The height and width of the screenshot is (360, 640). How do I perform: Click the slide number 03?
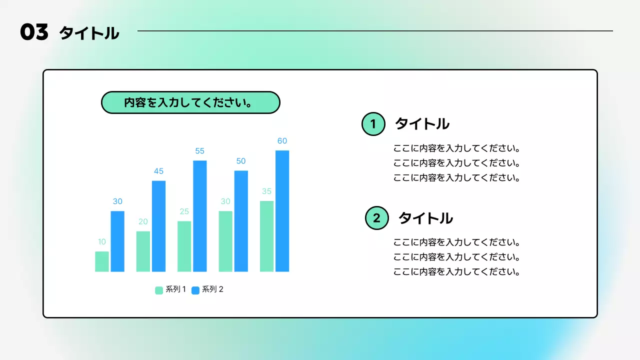tap(34, 33)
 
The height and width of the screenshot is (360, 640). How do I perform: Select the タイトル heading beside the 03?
tap(89, 33)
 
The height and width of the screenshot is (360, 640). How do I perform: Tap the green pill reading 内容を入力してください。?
tap(190, 103)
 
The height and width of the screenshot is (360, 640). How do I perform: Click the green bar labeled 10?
tap(102, 261)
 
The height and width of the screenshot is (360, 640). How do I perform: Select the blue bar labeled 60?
tap(282, 211)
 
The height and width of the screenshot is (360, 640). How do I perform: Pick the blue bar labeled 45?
tap(158, 226)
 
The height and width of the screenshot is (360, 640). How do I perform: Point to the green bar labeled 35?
tap(266, 236)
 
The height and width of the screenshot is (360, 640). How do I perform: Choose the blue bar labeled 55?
tap(200, 216)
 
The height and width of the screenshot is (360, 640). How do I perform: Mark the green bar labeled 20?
tap(143, 251)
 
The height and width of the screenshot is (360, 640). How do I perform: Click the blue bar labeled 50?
tap(241, 221)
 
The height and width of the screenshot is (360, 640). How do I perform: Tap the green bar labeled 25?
tap(184, 246)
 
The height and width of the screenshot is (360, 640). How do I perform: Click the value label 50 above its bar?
tap(241, 161)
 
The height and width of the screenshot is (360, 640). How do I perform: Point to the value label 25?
tap(184, 211)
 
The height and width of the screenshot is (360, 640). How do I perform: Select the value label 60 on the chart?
tap(282, 141)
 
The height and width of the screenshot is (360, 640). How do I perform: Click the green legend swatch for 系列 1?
tap(159, 290)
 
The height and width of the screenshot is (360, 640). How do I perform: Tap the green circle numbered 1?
tap(373, 124)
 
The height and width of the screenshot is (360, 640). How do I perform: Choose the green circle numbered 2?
tap(376, 218)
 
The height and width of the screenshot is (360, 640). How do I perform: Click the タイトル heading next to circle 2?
tap(425, 218)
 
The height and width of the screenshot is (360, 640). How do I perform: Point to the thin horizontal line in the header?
tap(375, 31)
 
